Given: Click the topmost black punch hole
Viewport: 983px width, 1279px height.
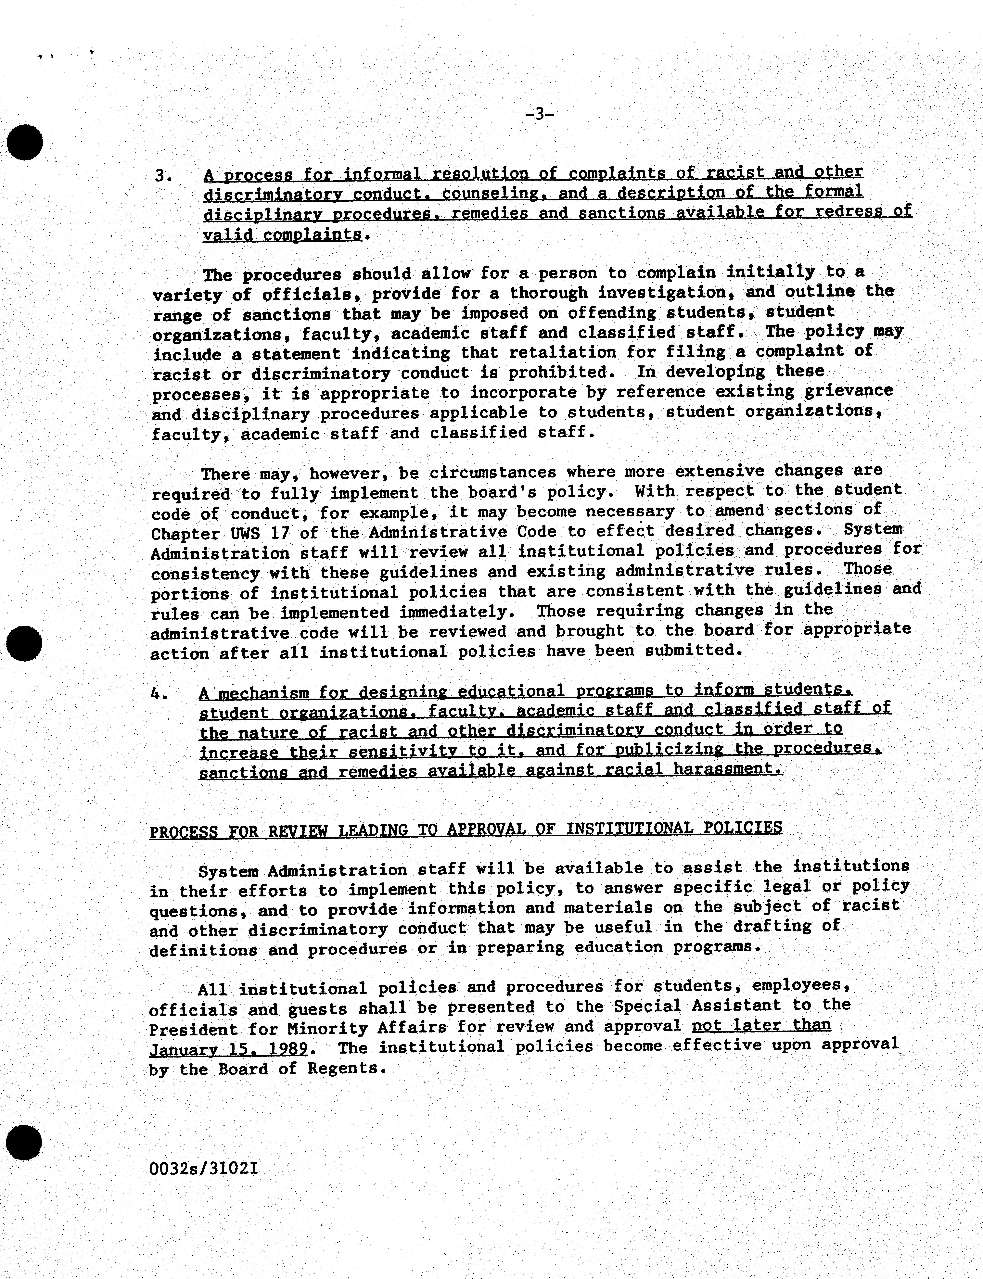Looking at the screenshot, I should click(25, 142).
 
